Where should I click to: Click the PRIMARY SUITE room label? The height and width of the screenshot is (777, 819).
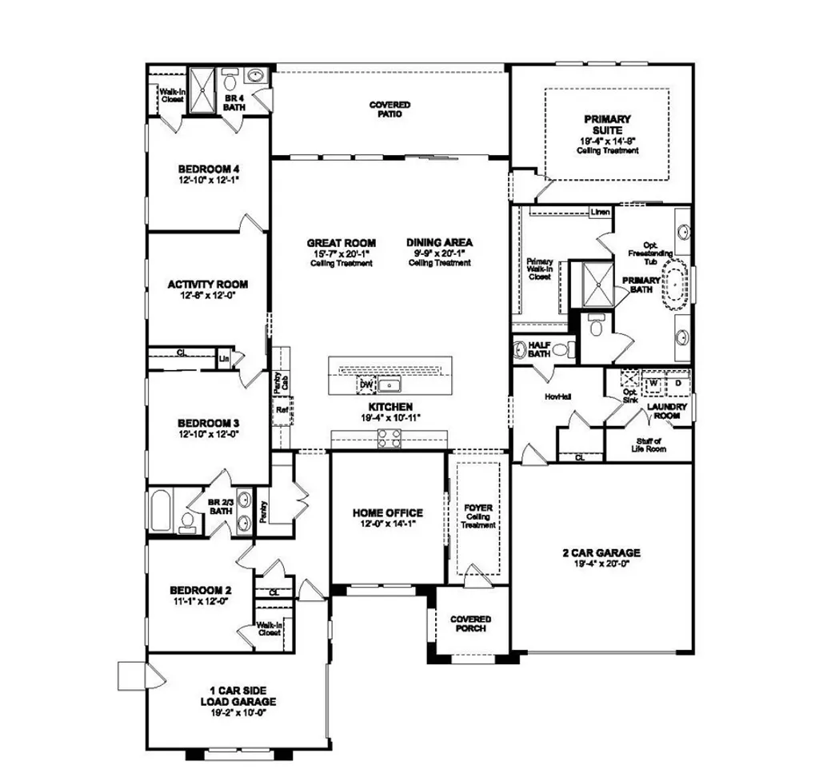pos(608,125)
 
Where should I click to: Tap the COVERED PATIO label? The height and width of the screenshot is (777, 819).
pos(390,110)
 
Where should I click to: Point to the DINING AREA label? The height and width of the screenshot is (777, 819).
pos(439,243)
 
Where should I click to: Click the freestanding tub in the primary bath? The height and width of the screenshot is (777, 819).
pos(679,284)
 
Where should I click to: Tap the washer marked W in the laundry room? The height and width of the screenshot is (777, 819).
pos(653,383)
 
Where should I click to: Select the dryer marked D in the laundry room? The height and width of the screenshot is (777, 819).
pos(677,383)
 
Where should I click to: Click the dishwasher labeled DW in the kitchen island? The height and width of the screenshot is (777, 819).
pos(366,385)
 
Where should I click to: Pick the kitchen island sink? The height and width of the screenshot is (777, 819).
pos(391,386)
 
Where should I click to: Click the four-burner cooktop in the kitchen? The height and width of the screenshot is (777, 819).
pos(389,437)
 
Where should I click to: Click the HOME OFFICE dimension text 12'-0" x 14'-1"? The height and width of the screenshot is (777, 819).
pos(387,524)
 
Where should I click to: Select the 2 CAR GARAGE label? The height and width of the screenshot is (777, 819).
pos(601,552)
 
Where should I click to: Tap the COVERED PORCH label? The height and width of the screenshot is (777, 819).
pos(470,624)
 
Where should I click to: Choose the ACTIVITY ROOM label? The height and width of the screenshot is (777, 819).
pos(207,284)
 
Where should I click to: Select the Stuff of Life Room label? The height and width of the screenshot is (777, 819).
pos(648,445)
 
